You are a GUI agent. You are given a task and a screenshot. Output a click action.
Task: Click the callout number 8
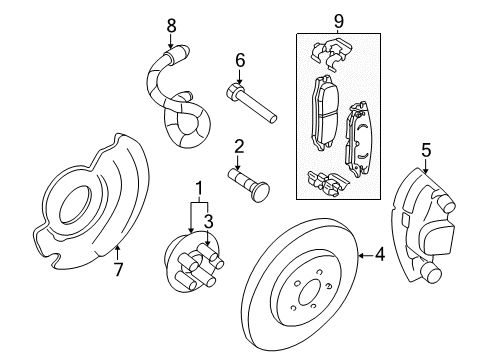click(171, 24)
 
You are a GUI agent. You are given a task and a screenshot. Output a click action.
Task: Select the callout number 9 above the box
click(338, 18)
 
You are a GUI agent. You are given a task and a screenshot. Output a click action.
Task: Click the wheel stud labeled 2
click(251, 182)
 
